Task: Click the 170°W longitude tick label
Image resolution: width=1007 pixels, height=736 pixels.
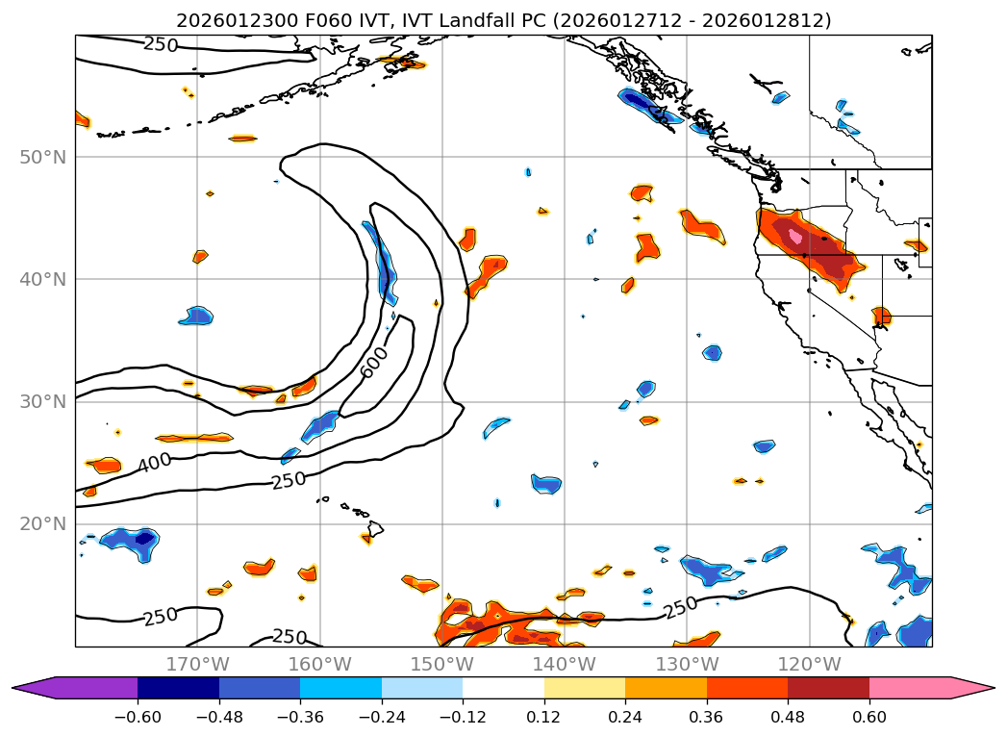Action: click(197, 664)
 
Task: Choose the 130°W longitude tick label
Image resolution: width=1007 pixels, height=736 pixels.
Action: click(687, 664)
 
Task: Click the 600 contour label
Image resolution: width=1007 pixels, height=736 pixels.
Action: click(375, 362)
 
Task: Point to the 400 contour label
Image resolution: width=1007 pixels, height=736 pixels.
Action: click(155, 463)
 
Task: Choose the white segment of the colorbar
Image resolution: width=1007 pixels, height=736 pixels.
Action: click(503, 688)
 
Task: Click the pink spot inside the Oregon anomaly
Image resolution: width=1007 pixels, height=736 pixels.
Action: click(795, 235)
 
